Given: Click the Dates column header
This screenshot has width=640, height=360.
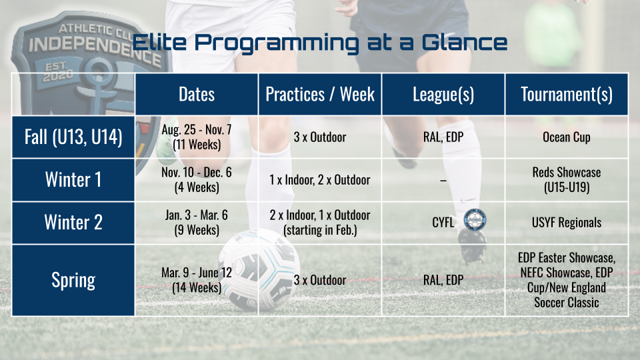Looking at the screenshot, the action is coord(196,94).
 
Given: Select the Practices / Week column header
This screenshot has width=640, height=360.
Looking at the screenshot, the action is coord(320,94).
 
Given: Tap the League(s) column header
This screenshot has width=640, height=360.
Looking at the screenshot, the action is coord(443,94).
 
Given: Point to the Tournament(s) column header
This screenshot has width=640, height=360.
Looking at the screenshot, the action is coord(567,94).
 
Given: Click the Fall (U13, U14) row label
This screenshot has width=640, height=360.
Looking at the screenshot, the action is coord(73,137).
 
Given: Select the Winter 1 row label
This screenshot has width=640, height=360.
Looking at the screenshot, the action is coord(73,180).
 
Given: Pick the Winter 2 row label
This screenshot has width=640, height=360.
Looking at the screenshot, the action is coord(73,223).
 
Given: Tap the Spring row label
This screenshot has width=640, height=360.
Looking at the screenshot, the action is coord(73,280).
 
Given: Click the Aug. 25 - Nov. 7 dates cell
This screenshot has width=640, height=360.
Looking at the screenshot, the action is coord(196,137).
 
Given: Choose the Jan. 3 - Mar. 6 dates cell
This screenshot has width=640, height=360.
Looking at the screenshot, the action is coord(196,223).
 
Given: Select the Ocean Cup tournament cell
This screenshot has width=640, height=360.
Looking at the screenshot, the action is coord(567,137).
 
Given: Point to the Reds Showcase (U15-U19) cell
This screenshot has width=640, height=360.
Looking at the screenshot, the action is coord(567,180).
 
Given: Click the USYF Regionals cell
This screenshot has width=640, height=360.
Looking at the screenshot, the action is coord(567,223).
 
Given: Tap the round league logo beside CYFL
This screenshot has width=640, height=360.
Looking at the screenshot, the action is coord(475,220).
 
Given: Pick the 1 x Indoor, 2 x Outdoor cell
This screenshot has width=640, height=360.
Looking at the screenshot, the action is coord(320,180).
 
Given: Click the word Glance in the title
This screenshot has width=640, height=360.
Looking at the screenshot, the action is coord(464,42).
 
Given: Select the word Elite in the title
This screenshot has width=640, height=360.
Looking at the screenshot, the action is coord(159,42).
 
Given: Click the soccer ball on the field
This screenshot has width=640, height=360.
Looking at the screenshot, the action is coord(259,270).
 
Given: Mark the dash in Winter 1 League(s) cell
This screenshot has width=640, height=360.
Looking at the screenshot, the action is coord(443,180).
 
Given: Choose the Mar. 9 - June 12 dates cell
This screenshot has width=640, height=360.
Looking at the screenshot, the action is coord(196,280).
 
